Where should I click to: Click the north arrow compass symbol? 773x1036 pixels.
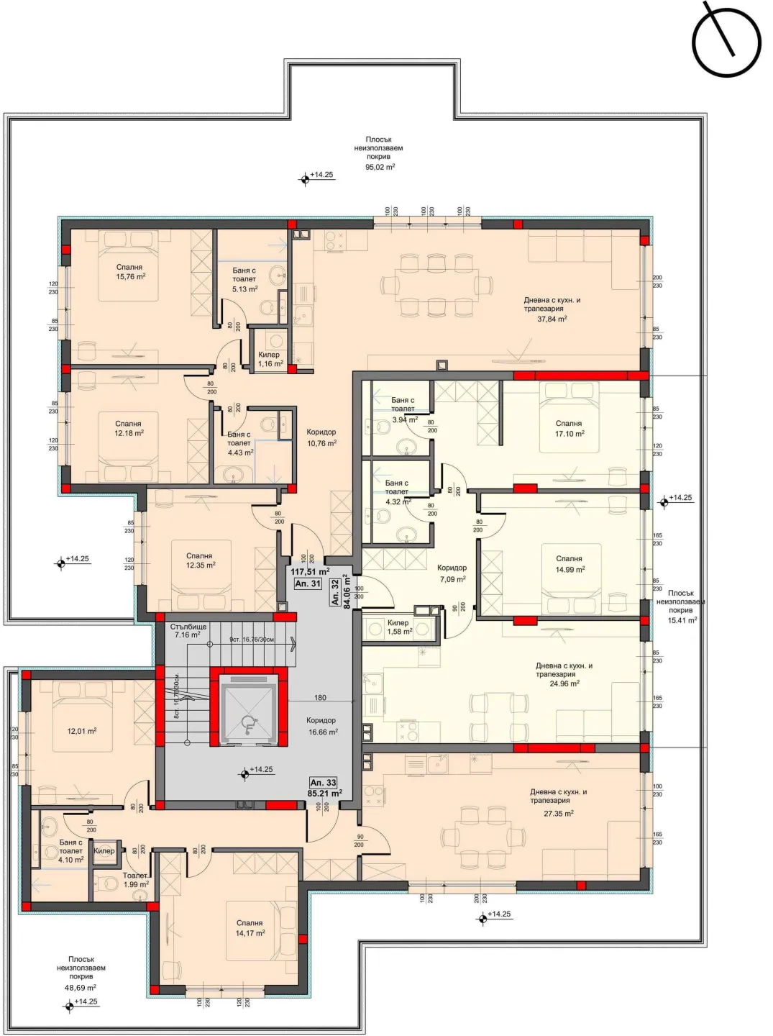(x=726, y=42)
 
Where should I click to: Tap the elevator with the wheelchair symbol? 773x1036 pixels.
(x=249, y=709)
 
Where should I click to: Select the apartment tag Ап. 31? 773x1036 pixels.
(x=308, y=584)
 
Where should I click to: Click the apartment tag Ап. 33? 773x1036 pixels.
(x=323, y=783)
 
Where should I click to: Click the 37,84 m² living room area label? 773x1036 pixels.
(x=552, y=319)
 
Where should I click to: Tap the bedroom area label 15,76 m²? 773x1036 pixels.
(x=130, y=276)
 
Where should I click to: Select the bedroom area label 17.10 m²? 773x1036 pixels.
(x=569, y=434)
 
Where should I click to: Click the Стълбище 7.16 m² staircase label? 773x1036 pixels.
(x=188, y=631)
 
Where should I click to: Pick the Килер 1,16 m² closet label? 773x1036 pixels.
(x=270, y=359)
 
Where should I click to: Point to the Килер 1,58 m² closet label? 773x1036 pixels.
(x=399, y=627)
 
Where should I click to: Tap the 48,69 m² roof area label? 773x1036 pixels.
(x=81, y=988)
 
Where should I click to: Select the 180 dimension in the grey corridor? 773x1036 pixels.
(x=320, y=697)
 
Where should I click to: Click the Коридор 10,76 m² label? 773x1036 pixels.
(x=321, y=437)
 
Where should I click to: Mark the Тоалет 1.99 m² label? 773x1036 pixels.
(x=135, y=880)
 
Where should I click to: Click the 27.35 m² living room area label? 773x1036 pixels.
(x=558, y=814)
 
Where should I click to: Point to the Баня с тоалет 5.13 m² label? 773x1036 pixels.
(x=244, y=280)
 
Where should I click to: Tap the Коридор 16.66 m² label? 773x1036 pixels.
(x=322, y=726)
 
